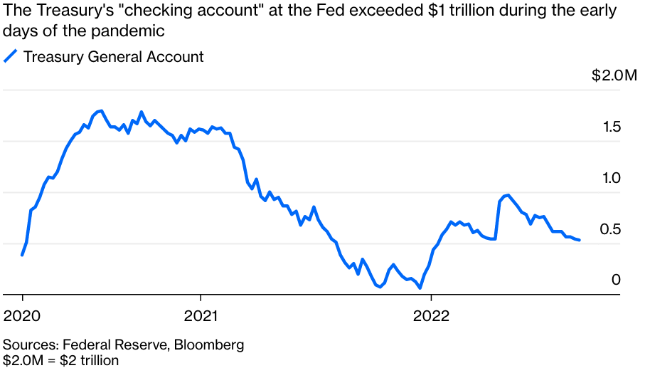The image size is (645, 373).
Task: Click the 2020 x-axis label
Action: tap(23, 315)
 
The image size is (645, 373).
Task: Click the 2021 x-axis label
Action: tap(201, 315)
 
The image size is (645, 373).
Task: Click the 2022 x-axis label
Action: tap(431, 315)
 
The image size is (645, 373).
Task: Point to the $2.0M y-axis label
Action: tap(614, 76)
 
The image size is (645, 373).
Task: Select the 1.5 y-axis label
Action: tap(612, 127)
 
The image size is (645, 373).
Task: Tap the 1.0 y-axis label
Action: tap(612, 178)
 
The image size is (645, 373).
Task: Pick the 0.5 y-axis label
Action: tap(612, 229)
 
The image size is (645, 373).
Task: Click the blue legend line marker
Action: tap(11, 56)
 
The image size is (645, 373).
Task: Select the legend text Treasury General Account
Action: tap(114, 57)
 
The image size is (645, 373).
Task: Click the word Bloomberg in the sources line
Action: tap(209, 345)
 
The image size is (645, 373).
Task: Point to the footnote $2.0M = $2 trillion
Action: tap(61, 360)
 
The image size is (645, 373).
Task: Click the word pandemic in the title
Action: tap(135, 31)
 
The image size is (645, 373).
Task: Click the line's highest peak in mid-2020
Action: tap(101, 111)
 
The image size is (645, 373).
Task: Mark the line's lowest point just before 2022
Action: tap(420, 288)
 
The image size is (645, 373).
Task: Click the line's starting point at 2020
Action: tap(23, 254)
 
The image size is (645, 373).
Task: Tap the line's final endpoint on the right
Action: tap(579, 240)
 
